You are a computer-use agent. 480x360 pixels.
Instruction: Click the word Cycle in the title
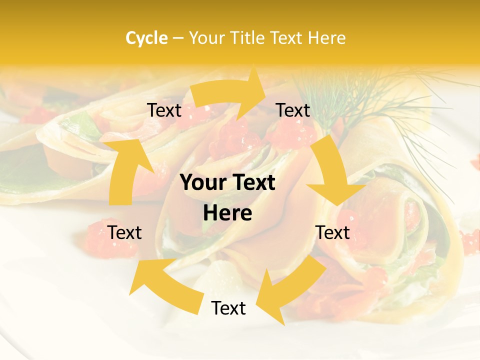pyautogui.click(x=146, y=38)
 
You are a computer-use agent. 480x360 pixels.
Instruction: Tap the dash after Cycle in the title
pyautogui.click(x=178, y=38)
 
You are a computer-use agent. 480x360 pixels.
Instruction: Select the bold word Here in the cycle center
pyautogui.click(x=227, y=213)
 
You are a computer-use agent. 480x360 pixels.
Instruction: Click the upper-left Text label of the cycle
pyautogui.click(x=164, y=110)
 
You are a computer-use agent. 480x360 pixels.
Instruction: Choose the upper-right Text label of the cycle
pyautogui.click(x=293, y=110)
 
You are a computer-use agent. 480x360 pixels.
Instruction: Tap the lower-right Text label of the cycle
pyautogui.click(x=333, y=232)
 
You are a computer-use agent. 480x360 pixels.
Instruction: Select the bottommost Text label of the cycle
pyautogui.click(x=228, y=308)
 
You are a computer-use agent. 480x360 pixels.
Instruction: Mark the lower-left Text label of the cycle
pyautogui.click(x=125, y=232)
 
